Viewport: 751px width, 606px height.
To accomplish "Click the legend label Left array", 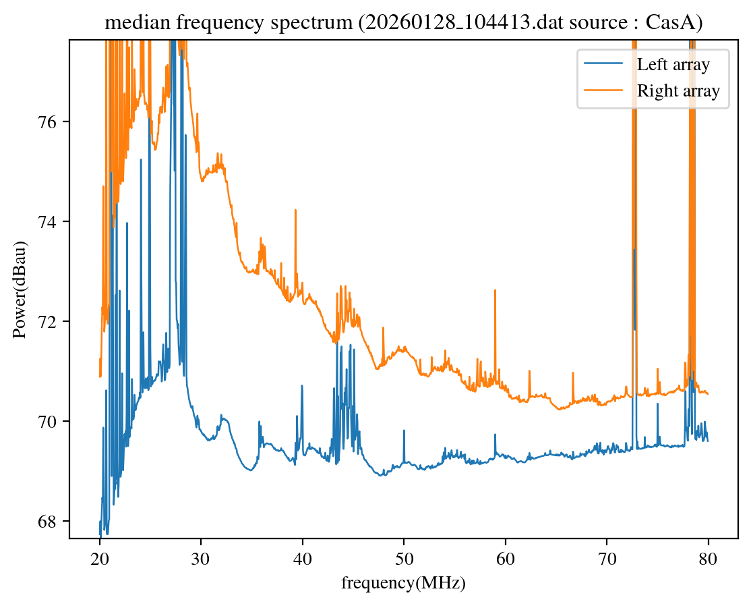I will tap(673, 65).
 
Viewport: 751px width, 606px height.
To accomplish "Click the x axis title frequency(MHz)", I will tap(403, 583).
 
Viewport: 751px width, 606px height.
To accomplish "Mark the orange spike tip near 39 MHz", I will tap(295, 210).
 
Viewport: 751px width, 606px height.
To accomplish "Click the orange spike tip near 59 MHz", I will tap(495, 290).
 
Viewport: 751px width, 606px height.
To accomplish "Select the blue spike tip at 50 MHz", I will tap(404, 430).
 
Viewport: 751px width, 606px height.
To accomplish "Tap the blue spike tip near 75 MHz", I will tap(657, 404).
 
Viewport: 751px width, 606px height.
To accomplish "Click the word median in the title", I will tap(127, 23).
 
